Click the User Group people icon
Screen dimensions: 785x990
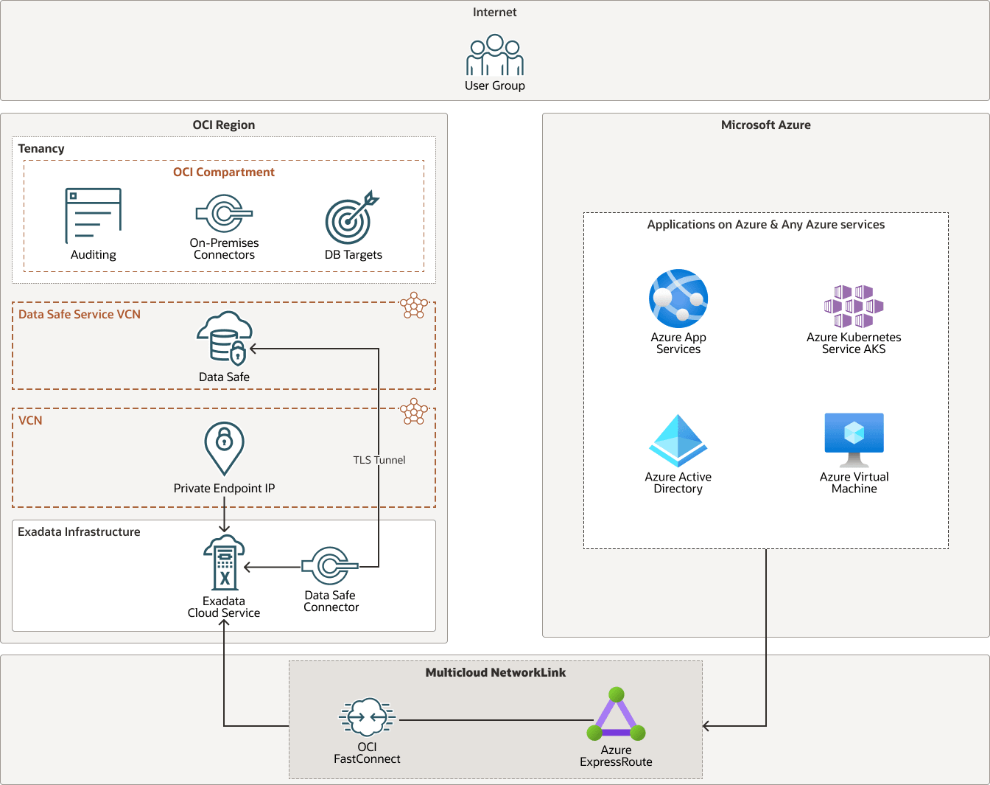tap(495, 55)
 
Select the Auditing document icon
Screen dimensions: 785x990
tap(94, 215)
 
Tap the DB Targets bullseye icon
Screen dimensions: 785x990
tap(351, 218)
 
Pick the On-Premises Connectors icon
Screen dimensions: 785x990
tap(224, 214)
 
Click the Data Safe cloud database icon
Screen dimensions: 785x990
tap(224, 338)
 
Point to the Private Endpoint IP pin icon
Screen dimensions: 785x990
tap(224, 448)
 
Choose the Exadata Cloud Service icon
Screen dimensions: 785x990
tap(224, 563)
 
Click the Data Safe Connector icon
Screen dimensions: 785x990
tap(329, 565)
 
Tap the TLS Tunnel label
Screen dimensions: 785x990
tap(379, 460)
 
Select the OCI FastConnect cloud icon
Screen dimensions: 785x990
tap(367, 717)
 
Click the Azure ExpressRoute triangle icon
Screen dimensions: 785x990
tap(616, 717)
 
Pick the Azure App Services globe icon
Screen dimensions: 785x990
tap(678, 299)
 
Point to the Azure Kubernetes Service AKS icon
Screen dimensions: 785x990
tap(854, 306)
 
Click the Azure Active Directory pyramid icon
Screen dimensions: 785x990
tap(678, 441)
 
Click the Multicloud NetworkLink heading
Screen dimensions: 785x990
tap(496, 672)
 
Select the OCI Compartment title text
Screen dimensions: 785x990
tap(224, 172)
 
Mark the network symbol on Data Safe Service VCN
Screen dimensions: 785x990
tap(414, 305)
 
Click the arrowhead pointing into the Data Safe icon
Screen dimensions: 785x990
tap(253, 349)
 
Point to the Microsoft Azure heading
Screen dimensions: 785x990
tap(765, 125)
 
